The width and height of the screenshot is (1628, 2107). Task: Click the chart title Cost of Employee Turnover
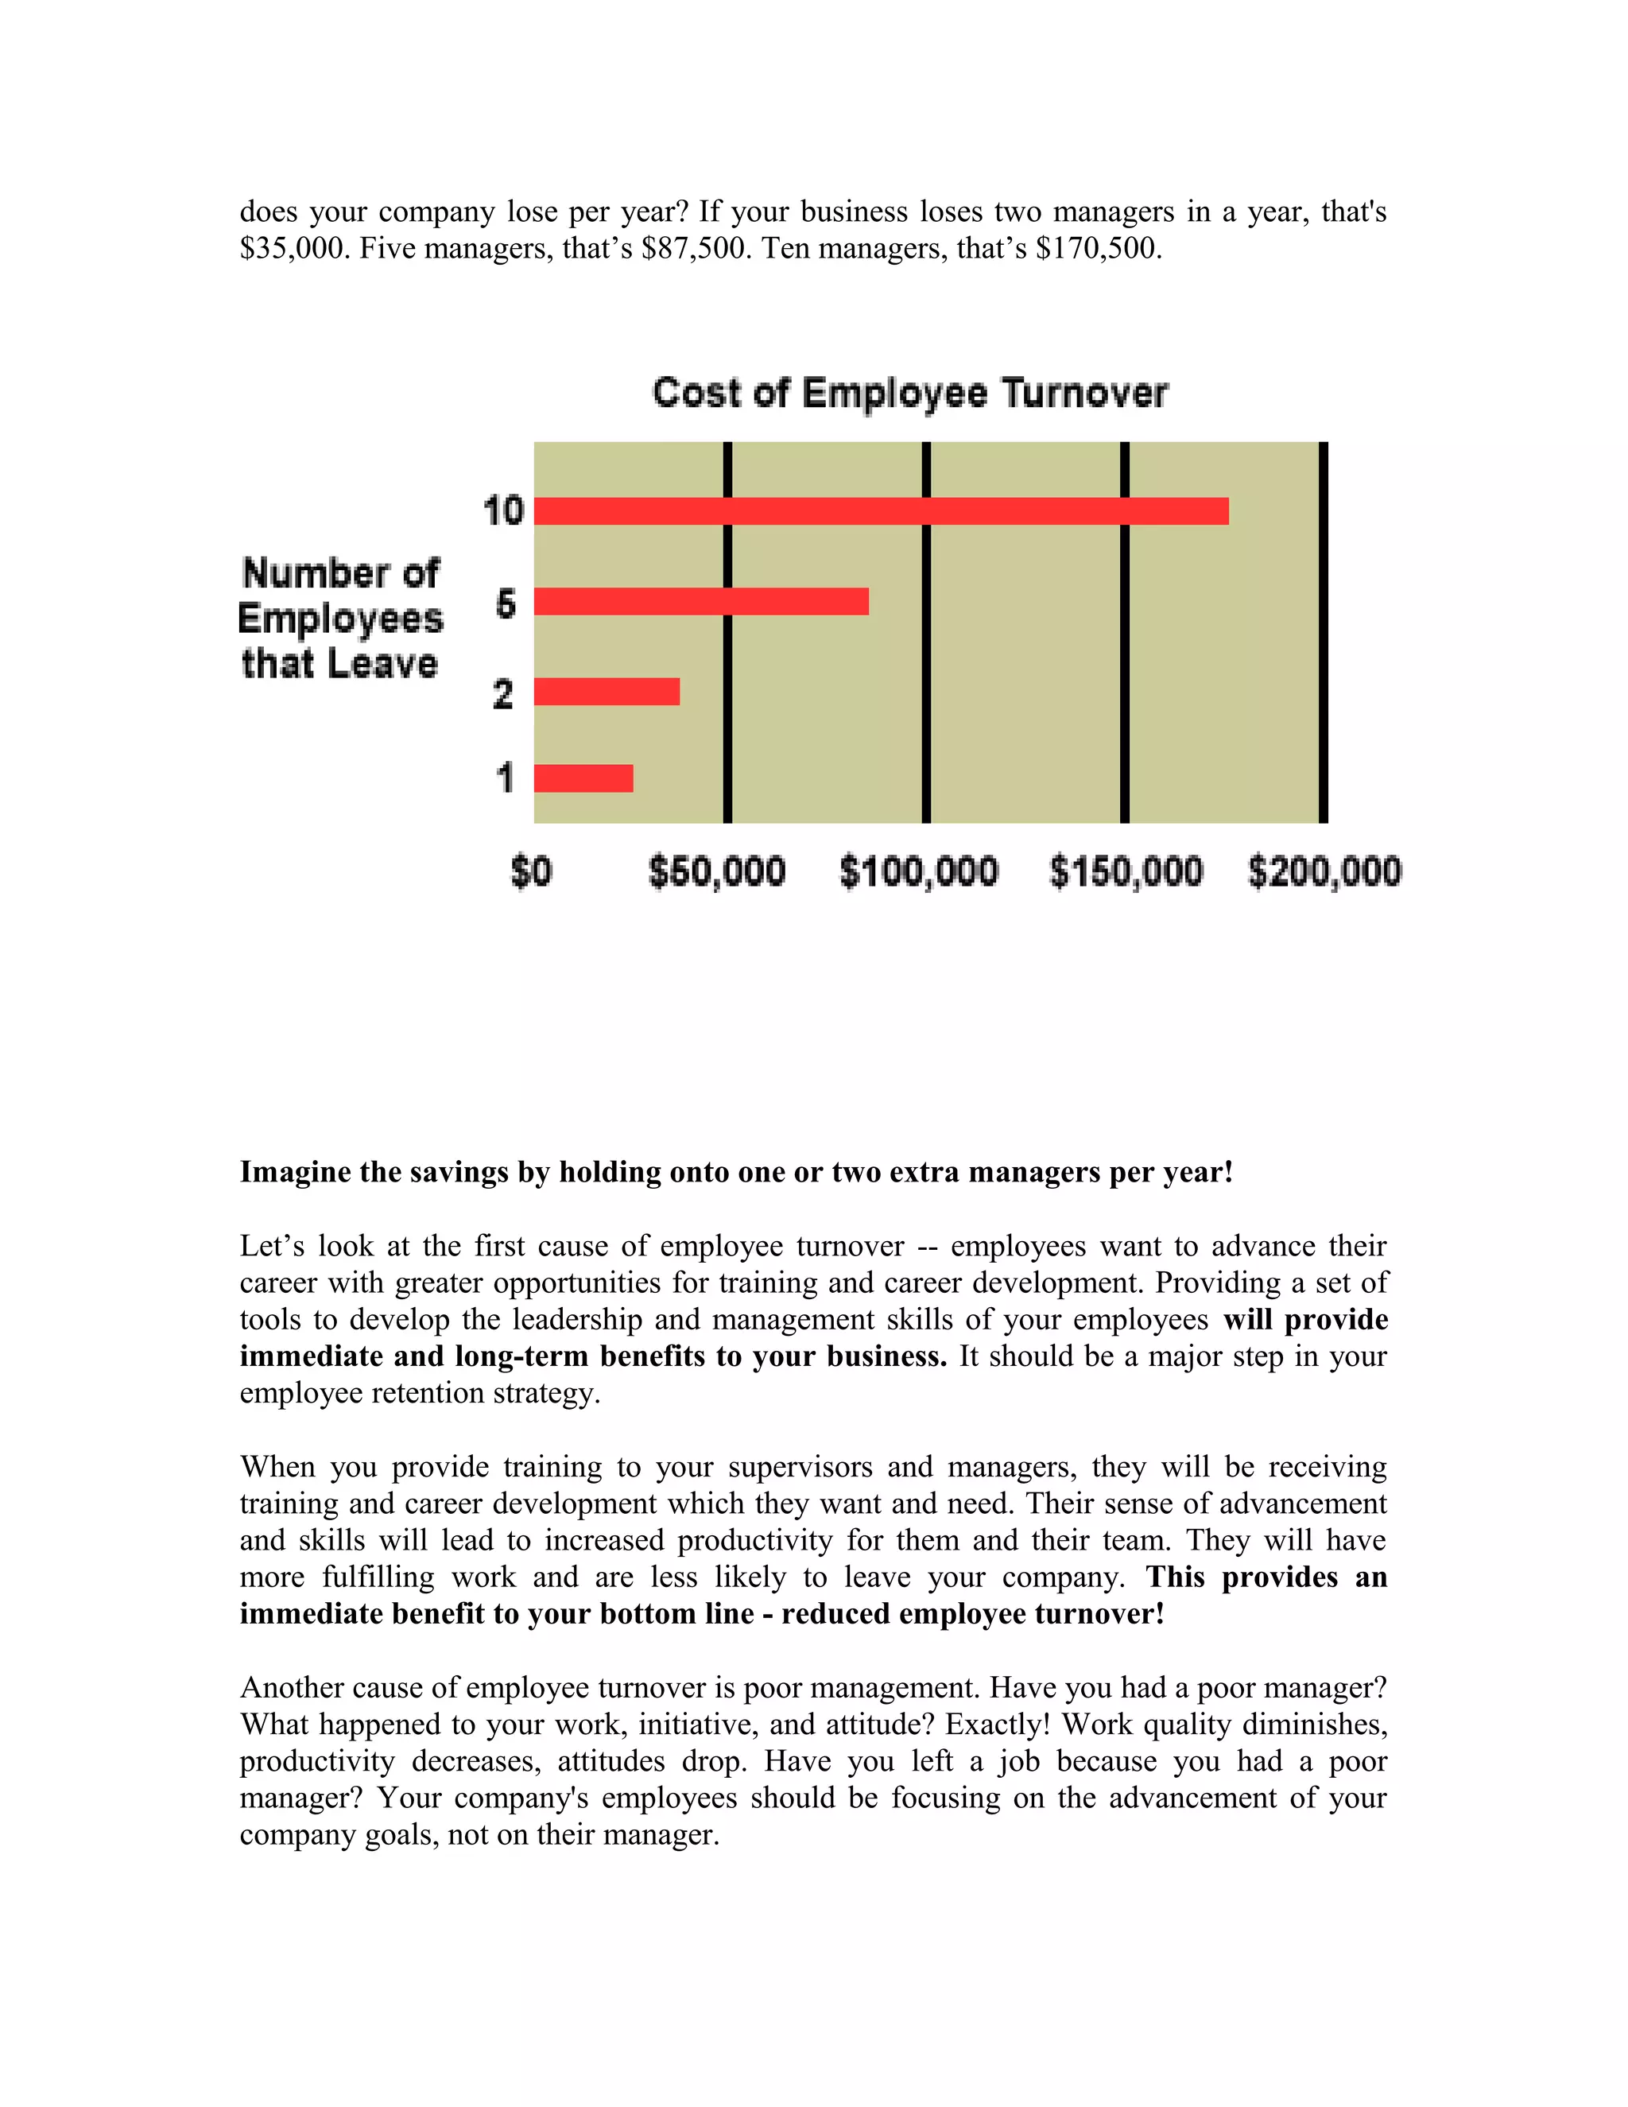[909, 394]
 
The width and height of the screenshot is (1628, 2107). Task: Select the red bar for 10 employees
[881, 511]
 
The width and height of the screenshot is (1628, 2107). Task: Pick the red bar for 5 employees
[701, 602]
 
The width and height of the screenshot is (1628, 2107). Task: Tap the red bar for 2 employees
[607, 692]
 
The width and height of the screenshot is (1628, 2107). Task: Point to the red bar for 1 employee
[583, 778]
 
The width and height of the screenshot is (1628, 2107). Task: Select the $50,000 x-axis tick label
[716, 872]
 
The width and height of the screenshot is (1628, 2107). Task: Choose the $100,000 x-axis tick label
[918, 872]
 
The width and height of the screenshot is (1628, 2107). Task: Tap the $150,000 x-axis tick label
[1126, 872]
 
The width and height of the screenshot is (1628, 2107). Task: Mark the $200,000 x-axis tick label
[1324, 872]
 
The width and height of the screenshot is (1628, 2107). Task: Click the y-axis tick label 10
[503, 511]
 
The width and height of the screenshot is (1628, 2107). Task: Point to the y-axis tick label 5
[506, 604]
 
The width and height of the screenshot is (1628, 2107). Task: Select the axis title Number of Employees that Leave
[340, 619]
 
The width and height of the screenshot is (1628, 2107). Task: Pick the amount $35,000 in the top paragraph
[295, 249]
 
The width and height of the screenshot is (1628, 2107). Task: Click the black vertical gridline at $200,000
[1324, 632]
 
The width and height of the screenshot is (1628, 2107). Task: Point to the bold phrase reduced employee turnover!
[972, 1614]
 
